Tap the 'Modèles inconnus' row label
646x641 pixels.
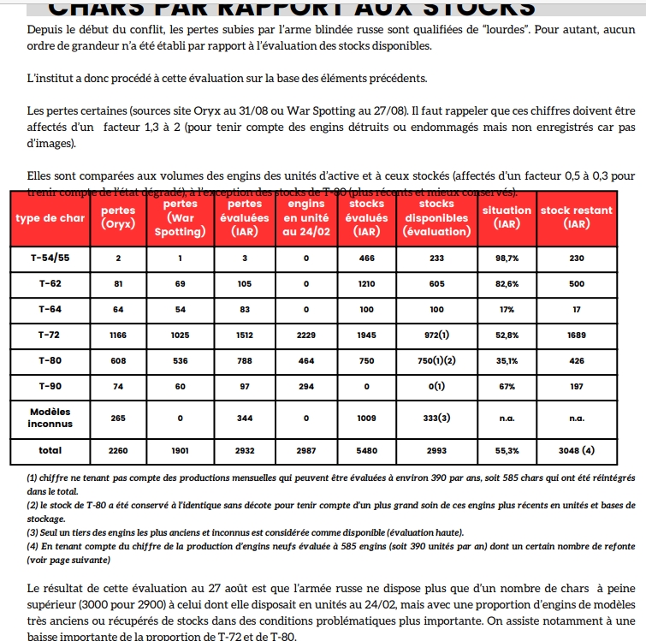pyautogui.click(x=50, y=418)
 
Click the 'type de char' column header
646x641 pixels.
pyautogui.click(x=50, y=218)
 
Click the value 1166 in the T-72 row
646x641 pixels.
pyautogui.click(x=118, y=336)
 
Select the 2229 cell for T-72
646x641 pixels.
pyautogui.click(x=305, y=336)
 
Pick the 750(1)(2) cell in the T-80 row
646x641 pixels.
pyautogui.click(x=436, y=361)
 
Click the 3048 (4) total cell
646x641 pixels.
pyautogui.click(x=577, y=449)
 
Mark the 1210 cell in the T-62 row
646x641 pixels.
pyautogui.click(x=367, y=283)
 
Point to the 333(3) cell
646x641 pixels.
pyautogui.click(x=436, y=418)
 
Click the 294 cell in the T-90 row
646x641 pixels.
pyautogui.click(x=305, y=386)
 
